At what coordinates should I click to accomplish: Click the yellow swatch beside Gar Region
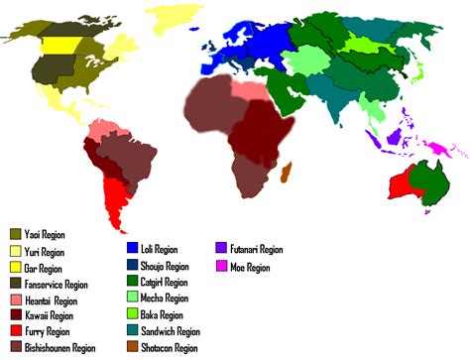[15, 268]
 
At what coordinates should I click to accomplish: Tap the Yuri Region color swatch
[15, 252]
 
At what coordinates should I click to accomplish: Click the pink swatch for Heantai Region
[15, 300]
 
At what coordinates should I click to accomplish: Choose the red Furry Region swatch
[15, 331]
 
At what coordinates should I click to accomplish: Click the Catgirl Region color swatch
[134, 282]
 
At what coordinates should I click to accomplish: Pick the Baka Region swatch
[134, 313]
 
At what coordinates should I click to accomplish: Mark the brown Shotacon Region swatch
[134, 346]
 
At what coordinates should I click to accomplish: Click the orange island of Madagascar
[289, 178]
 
